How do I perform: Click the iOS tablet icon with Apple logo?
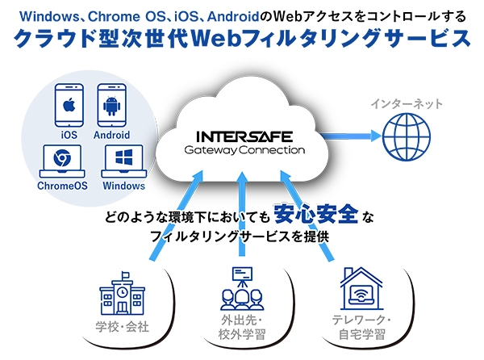pos(69,106)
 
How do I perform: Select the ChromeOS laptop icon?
pos(60,161)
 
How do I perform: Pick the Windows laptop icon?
pos(123,161)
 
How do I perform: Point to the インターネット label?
pos(407,105)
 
